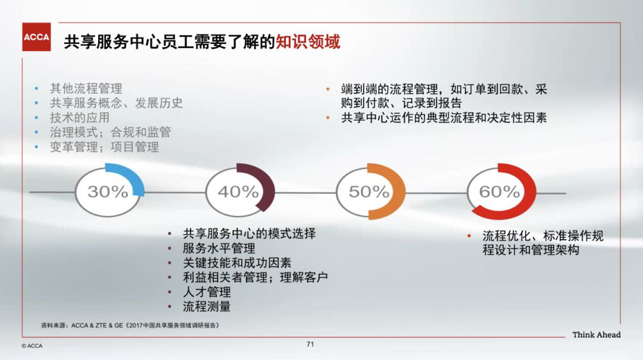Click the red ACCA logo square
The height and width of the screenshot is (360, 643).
click(x=36, y=37)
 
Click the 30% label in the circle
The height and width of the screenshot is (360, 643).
click(x=108, y=192)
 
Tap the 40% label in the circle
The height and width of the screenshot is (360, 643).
click(x=238, y=192)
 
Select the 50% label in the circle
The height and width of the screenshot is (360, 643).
click(x=369, y=192)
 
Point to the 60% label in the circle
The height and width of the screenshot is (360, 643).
click(x=500, y=192)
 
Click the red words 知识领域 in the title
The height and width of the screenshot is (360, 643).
click(x=308, y=42)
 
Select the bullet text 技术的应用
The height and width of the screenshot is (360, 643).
click(x=80, y=118)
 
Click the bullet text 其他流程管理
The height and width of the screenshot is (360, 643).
click(x=86, y=88)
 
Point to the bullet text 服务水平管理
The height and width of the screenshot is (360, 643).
click(x=219, y=248)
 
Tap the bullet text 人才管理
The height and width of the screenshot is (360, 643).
click(x=207, y=292)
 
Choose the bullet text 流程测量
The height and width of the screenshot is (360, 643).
click(x=207, y=306)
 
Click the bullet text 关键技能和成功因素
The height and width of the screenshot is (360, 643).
click(x=237, y=263)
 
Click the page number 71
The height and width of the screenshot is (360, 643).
click(x=310, y=344)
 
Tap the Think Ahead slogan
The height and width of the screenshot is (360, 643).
click(x=596, y=334)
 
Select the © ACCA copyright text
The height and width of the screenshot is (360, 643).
click(x=32, y=346)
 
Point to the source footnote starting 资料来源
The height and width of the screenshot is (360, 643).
click(x=130, y=325)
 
